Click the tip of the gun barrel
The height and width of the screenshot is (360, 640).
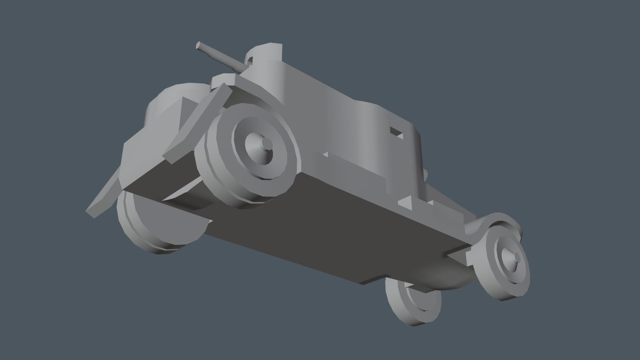199,45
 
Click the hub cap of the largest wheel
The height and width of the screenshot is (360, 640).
265,145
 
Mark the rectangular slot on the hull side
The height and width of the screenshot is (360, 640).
396,132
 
